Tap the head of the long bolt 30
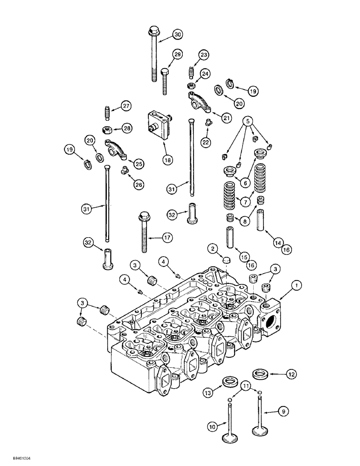(152, 33)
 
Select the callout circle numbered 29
(177, 55)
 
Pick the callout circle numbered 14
(278, 242)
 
